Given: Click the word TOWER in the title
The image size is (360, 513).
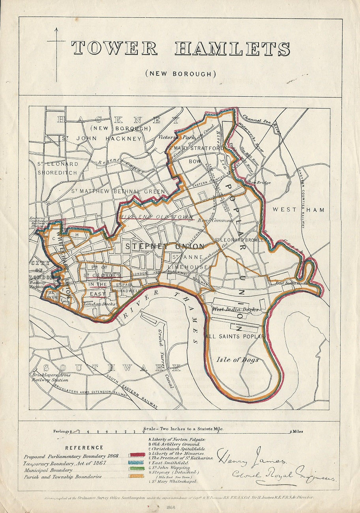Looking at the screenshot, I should coord(114,49).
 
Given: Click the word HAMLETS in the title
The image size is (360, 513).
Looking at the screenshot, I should coord(232,49).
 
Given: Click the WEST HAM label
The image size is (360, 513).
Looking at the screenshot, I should coord(298,210).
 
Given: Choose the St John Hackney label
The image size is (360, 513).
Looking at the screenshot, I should coord(101,139).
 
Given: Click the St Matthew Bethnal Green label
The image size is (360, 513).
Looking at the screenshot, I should coord(118,191).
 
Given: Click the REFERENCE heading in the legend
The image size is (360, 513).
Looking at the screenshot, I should coord(84,447).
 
